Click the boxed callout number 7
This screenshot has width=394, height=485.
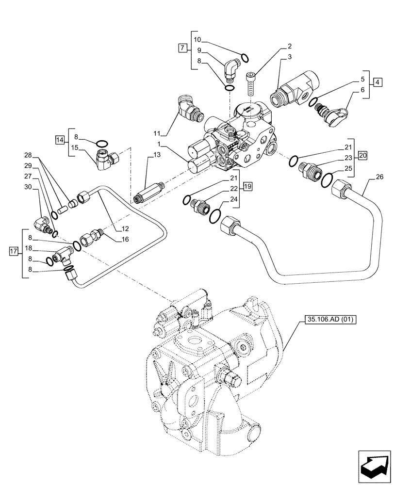click(x=182, y=48)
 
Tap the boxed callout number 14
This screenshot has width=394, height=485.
click(x=60, y=141)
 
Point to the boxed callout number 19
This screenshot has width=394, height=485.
click(x=248, y=186)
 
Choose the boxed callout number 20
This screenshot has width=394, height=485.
click(x=362, y=155)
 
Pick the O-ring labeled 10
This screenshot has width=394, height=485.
click(x=245, y=58)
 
